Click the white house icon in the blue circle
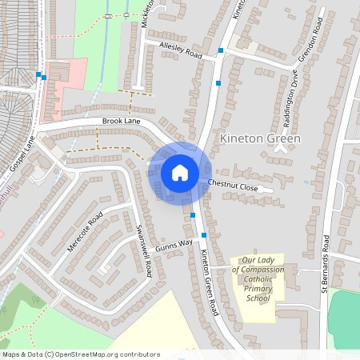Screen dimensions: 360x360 click(x=180, y=172)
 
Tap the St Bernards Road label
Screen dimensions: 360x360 click(x=326, y=263)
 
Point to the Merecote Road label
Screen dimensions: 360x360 click(x=86, y=232)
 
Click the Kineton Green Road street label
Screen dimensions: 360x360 click(x=210, y=281)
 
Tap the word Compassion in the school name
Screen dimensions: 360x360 click(x=258, y=270)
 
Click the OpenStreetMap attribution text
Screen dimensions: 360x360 click(x=81, y=354)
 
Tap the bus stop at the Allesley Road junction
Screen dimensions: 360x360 click(x=221, y=50)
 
